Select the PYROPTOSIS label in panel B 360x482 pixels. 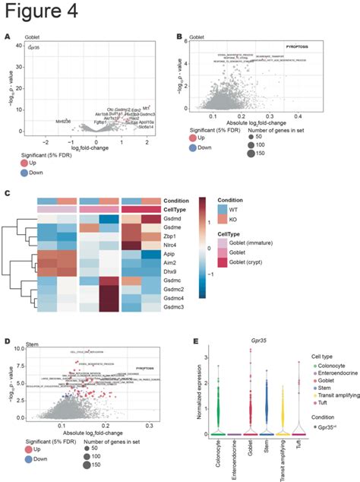click(303, 47)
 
